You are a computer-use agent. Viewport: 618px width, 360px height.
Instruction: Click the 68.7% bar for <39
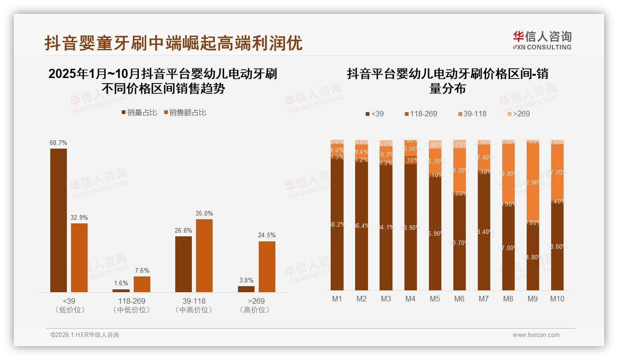click(x=59, y=220)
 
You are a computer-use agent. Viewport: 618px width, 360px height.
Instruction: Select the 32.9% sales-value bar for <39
click(x=79, y=258)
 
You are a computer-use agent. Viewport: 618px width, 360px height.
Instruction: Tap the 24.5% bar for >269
click(x=267, y=266)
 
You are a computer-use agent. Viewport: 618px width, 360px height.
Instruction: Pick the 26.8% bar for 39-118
click(x=184, y=264)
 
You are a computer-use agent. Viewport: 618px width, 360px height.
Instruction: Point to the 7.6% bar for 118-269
click(x=142, y=284)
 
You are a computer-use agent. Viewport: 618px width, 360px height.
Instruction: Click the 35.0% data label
click(x=204, y=214)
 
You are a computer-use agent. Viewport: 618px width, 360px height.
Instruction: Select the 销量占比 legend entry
click(x=139, y=113)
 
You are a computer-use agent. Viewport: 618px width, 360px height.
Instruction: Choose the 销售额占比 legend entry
click(x=184, y=113)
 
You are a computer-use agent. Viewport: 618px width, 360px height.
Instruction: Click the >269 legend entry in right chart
click(x=519, y=114)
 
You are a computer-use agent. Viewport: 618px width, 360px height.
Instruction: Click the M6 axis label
click(x=459, y=299)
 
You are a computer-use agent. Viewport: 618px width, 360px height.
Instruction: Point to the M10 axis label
click(x=557, y=299)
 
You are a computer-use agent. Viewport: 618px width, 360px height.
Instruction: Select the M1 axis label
click(x=337, y=299)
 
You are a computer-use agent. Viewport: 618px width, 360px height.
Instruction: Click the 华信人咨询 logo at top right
click(x=542, y=40)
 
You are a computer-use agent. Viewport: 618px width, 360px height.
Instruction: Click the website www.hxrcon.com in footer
click(x=536, y=335)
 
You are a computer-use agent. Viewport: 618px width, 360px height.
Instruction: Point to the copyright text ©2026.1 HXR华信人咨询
click(x=85, y=335)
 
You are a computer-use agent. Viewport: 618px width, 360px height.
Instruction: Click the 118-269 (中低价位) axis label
click(x=131, y=305)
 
